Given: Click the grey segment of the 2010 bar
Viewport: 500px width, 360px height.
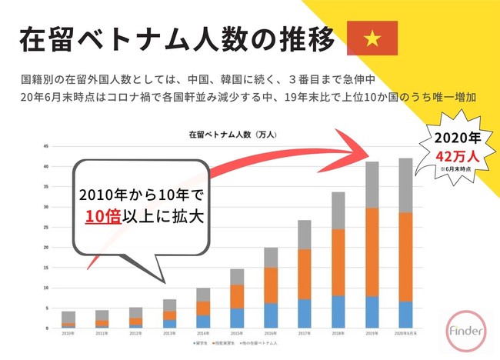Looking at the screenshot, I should pos(68,317).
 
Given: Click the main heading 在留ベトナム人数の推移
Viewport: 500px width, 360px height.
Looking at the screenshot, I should pos(176,38).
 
